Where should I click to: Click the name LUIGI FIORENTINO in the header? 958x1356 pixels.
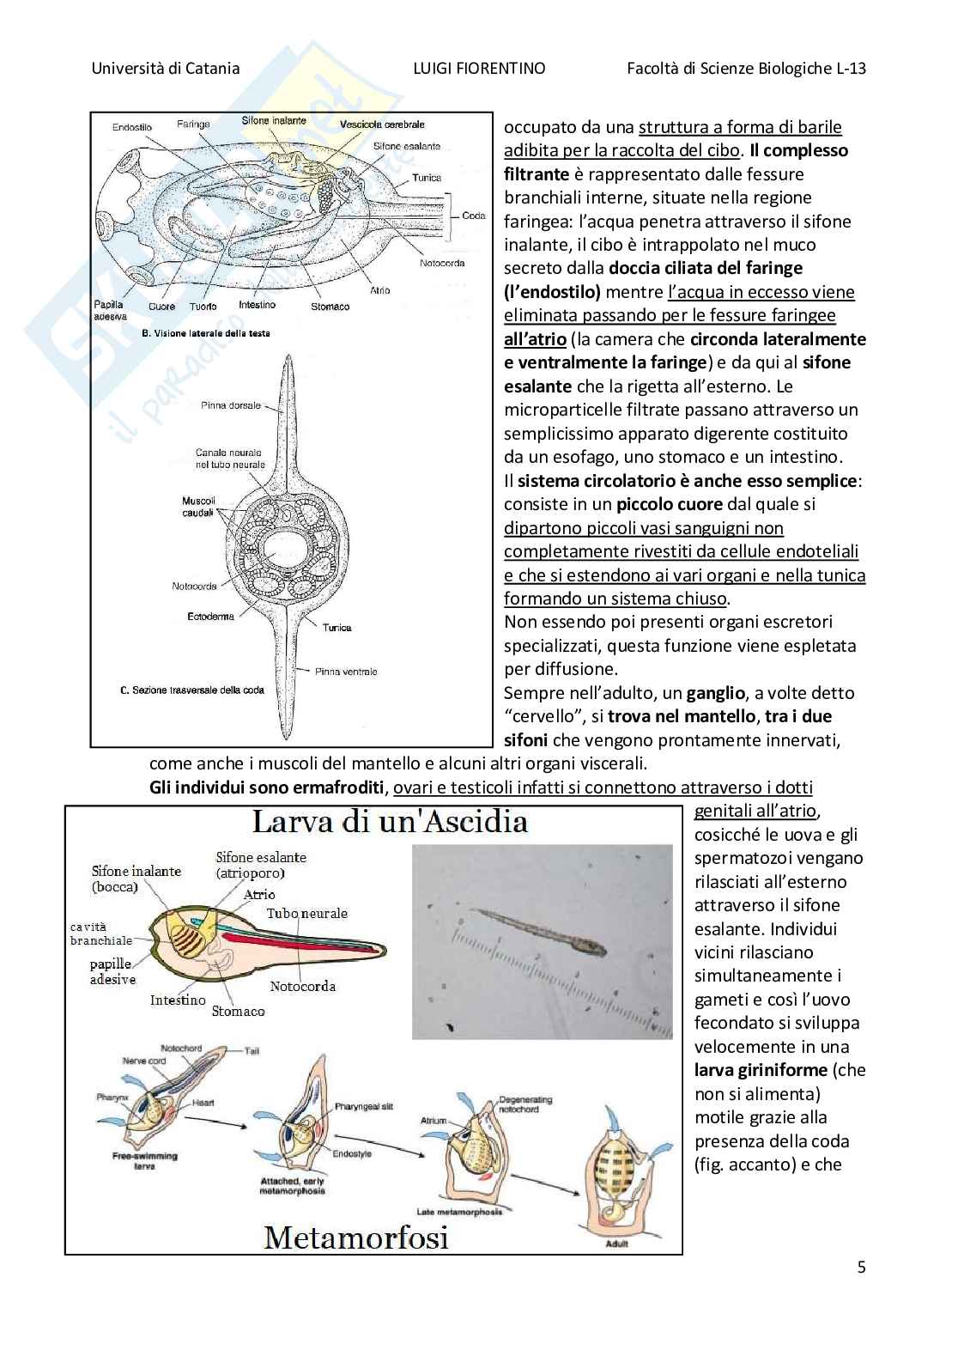coord(478,69)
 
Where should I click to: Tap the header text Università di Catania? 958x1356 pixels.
coord(166,69)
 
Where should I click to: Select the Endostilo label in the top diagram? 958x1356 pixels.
coord(131,127)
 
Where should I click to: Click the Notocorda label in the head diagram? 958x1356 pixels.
coord(442,263)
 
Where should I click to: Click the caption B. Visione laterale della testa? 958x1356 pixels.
coord(205,332)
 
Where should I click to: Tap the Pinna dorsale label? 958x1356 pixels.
coord(231,405)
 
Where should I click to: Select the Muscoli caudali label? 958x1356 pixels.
coord(198,507)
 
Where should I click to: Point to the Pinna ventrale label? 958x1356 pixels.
coord(346,672)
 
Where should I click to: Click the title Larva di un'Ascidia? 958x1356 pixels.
coord(389,822)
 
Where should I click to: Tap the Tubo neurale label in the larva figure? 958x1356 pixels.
coord(306,913)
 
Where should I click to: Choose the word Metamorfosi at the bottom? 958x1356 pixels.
coord(356,1237)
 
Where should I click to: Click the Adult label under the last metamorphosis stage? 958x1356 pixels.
coord(615,1243)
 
